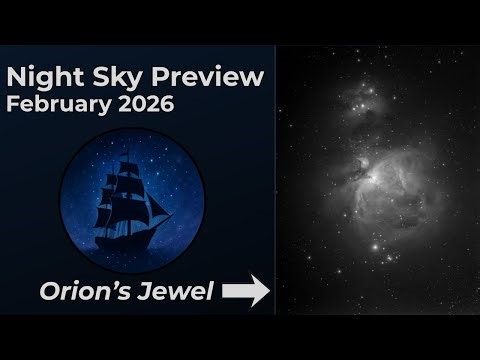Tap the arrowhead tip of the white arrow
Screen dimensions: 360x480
(268, 291)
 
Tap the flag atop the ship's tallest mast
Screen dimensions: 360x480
(131, 158)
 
